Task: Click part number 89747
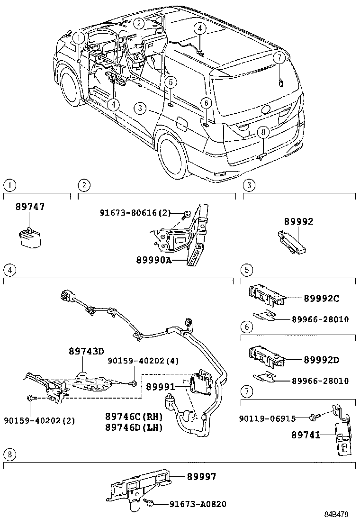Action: pos(30,207)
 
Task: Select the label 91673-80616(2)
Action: pos(135,213)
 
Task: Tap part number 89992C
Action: pos(321,299)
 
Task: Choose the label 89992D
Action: pos(321,360)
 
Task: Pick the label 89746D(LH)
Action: pos(135,427)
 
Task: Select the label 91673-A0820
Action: pos(198,504)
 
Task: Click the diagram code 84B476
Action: pos(336,514)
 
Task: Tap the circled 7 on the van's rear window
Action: pos(279,58)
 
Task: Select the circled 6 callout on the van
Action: pos(205,103)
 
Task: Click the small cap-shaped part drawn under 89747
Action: pos(30,236)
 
